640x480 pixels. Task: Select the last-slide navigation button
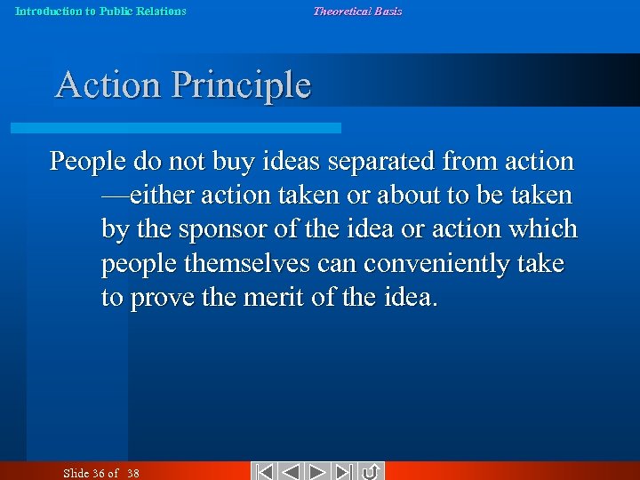click(345, 471)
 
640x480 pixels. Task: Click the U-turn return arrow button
click(372, 471)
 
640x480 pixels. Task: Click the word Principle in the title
click(241, 85)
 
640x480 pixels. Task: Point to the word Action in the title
click(108, 85)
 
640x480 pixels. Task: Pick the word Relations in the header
click(161, 12)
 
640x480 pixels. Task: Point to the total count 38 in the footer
click(132, 473)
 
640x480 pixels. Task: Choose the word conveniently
click(429, 264)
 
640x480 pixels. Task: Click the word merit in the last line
click(271, 298)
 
